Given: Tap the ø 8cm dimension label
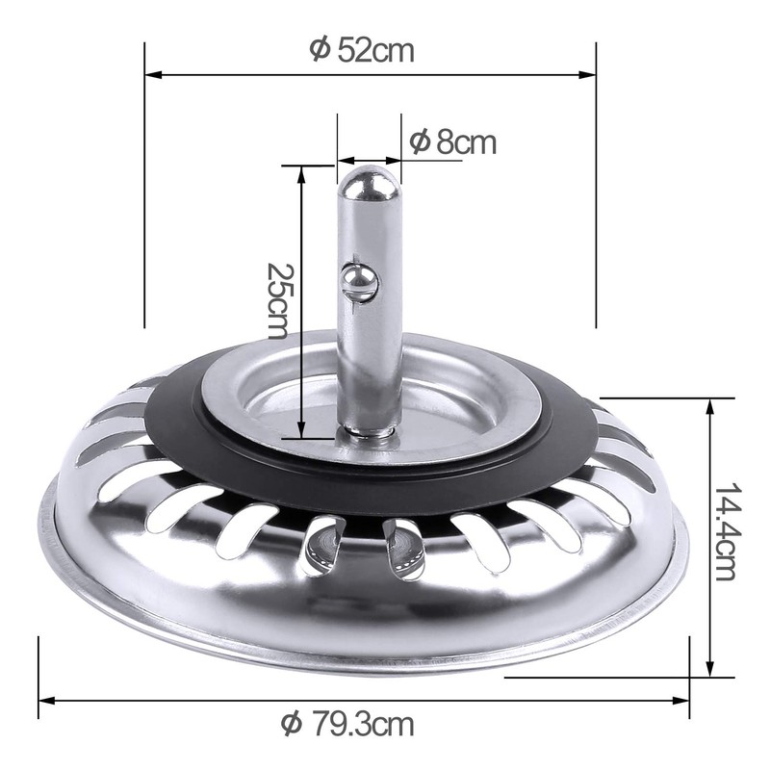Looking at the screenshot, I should (452, 142).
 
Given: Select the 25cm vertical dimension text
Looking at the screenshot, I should (278, 299).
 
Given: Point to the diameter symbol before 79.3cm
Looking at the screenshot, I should (291, 722).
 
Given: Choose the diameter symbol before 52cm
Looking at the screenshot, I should (321, 50).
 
